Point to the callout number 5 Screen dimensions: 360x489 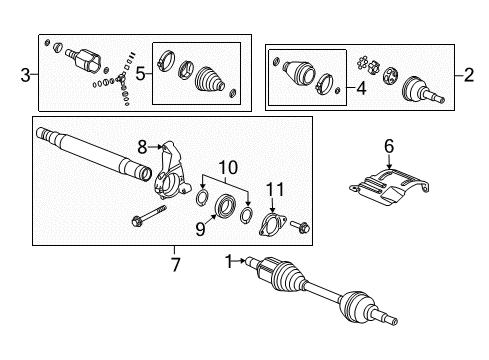coord(140,71)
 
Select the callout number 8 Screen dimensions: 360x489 coord(143,147)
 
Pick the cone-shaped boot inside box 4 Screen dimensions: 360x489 coord(299,74)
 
